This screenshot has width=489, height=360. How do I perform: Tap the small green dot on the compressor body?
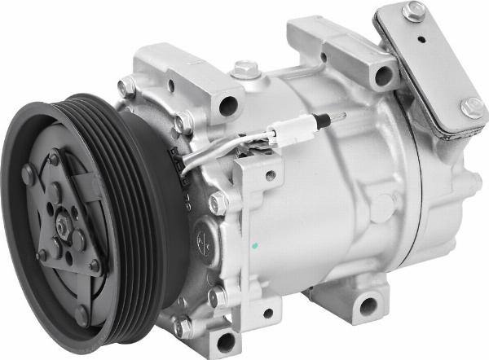(254, 244)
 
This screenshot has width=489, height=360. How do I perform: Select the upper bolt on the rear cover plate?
(414, 11)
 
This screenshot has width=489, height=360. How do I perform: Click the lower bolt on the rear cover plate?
(472, 107)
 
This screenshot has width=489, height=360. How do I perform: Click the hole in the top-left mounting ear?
(228, 104)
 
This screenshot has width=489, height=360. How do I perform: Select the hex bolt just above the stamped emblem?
(217, 203)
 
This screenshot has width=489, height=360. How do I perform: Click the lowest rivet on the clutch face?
(81, 314)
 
